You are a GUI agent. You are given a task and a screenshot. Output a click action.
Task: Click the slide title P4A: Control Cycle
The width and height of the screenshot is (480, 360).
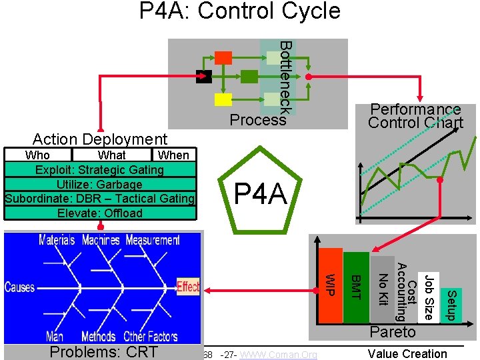[x=240, y=12]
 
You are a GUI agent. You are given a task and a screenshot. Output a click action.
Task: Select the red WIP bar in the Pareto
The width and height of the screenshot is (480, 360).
[x=331, y=285]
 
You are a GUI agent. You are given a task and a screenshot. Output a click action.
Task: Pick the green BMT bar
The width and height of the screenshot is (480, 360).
[x=356, y=287]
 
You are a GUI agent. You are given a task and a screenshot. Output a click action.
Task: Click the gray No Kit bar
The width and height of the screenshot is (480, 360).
[x=383, y=289]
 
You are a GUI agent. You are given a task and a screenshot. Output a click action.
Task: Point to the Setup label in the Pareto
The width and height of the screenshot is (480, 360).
[x=451, y=304]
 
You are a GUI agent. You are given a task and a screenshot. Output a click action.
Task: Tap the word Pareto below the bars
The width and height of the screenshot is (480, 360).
[x=393, y=332]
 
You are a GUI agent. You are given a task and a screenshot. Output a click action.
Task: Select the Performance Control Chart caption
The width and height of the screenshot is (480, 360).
[x=415, y=116]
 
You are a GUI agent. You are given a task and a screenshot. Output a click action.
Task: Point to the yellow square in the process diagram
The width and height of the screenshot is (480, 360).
[x=223, y=100]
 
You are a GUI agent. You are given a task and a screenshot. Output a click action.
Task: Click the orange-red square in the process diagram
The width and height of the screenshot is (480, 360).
[x=223, y=57]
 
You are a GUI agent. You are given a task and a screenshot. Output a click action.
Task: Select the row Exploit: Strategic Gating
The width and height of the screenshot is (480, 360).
[x=100, y=170]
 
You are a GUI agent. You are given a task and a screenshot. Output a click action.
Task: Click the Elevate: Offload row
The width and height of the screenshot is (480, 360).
[x=100, y=213]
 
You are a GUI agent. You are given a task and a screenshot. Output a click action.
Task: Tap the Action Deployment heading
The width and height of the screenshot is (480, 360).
[x=100, y=139]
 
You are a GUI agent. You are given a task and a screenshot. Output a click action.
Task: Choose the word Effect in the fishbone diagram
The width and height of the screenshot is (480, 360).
[x=188, y=287]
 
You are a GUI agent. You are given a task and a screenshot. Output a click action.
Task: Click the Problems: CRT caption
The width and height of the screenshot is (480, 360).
[x=104, y=352]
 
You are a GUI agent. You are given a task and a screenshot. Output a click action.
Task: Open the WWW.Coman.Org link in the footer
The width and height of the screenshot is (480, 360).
[x=278, y=355]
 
